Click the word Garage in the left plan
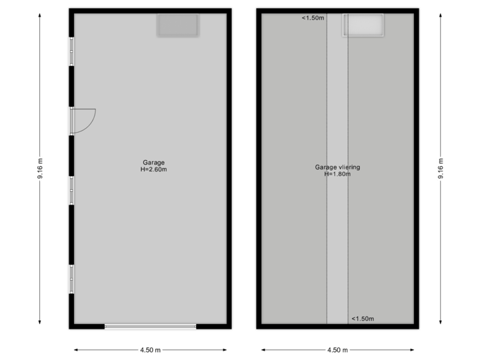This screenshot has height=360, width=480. pos(153,162)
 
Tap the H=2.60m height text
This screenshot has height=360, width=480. pos(153,169)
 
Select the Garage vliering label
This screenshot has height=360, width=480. pos(337,167)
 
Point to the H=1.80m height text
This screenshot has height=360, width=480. pos(337,175)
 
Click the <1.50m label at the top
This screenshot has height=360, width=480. pos(313,18)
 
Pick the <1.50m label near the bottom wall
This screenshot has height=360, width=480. pos(363,318)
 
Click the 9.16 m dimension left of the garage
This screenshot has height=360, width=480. pos(40,169)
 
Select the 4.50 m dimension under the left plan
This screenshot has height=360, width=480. pos(150,349)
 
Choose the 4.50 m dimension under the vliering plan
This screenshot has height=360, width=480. pos(337,349)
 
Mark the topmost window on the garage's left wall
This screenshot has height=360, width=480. pos(71,51)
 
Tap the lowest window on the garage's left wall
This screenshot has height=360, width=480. pos(71,278)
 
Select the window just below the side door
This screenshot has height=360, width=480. pos(71,190)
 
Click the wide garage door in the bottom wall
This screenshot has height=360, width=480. pos(150,326)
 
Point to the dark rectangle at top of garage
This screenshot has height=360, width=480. pos(177,25)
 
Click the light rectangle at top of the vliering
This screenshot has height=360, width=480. pos(363,25)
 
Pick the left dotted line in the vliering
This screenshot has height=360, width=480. pos(327,200)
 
